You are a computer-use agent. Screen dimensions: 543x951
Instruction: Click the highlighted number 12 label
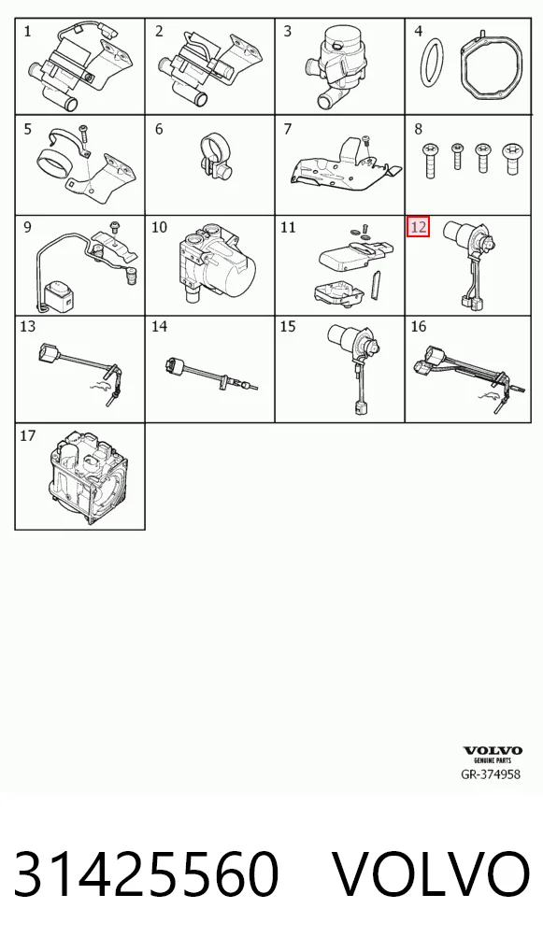(418, 227)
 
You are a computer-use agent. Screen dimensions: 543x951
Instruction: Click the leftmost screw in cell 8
(431, 160)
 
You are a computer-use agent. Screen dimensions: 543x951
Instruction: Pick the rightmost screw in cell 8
(511, 160)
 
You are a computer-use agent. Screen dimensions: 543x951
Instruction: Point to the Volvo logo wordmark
(493, 751)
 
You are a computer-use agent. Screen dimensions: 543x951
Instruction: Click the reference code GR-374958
(491, 774)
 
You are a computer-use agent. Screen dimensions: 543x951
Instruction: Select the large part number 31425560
(146, 874)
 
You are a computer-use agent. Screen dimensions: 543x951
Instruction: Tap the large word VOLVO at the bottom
(431, 874)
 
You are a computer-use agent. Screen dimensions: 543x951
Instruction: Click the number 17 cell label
(27, 435)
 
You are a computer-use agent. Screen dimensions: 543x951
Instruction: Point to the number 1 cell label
(27, 31)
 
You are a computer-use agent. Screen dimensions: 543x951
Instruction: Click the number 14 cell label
(159, 327)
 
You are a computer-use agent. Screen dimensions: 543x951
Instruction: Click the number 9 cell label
(27, 227)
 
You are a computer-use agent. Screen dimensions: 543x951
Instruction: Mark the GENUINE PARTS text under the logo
(493, 759)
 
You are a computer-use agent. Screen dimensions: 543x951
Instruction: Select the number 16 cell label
(419, 327)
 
